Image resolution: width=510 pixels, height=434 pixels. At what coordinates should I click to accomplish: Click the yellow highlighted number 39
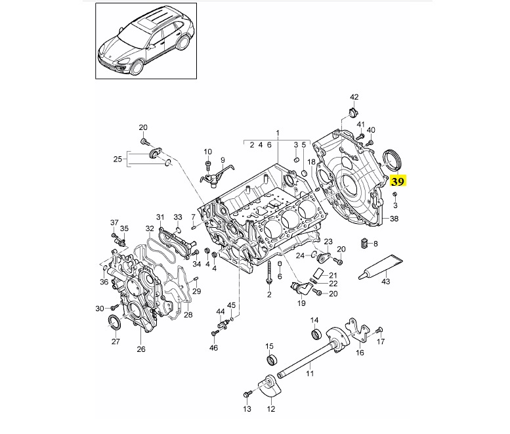coord(398,181)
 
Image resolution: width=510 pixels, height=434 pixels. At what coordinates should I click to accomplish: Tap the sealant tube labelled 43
coord(381,267)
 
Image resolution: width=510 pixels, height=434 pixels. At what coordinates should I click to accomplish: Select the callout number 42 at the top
coord(354,97)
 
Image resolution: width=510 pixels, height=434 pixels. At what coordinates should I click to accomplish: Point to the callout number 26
coord(141,349)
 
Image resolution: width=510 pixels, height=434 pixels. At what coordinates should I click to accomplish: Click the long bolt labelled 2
coord(269,272)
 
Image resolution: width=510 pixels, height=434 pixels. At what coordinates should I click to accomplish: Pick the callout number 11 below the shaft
coord(310,373)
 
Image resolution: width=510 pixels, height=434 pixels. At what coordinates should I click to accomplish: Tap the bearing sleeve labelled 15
coord(272,360)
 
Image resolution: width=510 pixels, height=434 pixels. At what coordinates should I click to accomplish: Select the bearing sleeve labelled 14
coord(316,334)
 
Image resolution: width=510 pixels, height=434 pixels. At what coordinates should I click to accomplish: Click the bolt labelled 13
coord(247,395)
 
